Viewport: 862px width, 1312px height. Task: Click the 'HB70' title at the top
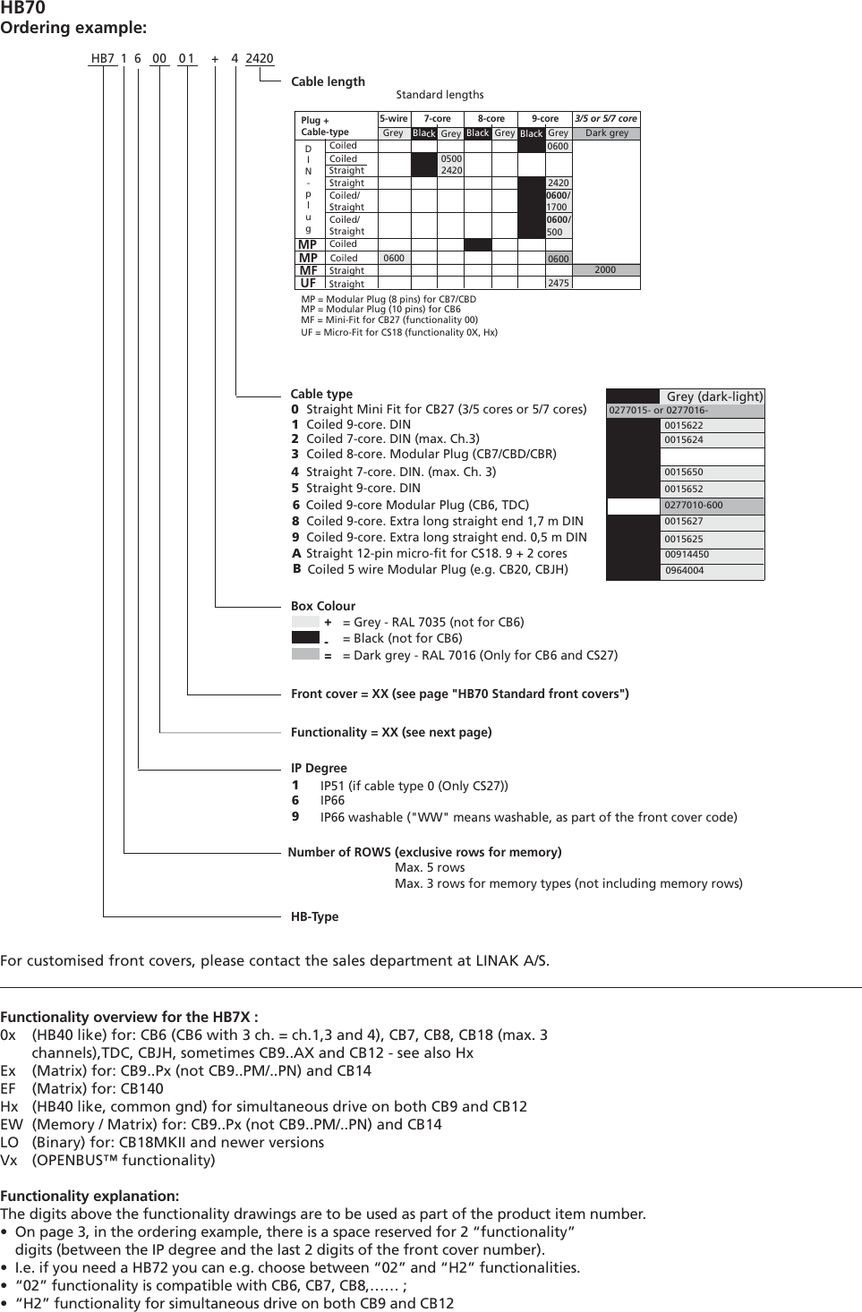(x=22, y=8)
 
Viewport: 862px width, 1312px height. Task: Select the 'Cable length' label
(x=328, y=81)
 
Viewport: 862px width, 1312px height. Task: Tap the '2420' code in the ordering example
(x=259, y=59)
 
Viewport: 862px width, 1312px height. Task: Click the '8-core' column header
(x=491, y=118)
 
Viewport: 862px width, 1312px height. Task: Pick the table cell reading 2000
(x=605, y=269)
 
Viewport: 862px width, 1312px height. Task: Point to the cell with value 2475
(x=558, y=283)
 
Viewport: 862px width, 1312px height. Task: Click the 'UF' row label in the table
(x=308, y=283)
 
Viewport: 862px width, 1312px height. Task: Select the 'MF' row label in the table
(x=308, y=270)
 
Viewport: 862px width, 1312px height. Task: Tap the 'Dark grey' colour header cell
(x=607, y=133)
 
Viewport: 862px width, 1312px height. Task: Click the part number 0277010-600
(x=693, y=505)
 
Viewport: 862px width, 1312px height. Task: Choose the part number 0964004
(x=684, y=570)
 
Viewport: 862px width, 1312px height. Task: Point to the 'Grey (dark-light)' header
(x=714, y=396)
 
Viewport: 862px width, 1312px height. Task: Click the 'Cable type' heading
(x=321, y=394)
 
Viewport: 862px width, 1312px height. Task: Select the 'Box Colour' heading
(x=323, y=606)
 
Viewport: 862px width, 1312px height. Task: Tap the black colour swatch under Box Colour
(x=305, y=638)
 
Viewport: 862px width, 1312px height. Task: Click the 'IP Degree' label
(x=319, y=768)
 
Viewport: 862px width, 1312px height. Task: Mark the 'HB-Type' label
(x=314, y=916)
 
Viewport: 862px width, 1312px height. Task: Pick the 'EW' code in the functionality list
(x=12, y=1124)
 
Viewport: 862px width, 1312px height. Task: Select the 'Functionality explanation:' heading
(x=90, y=1196)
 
